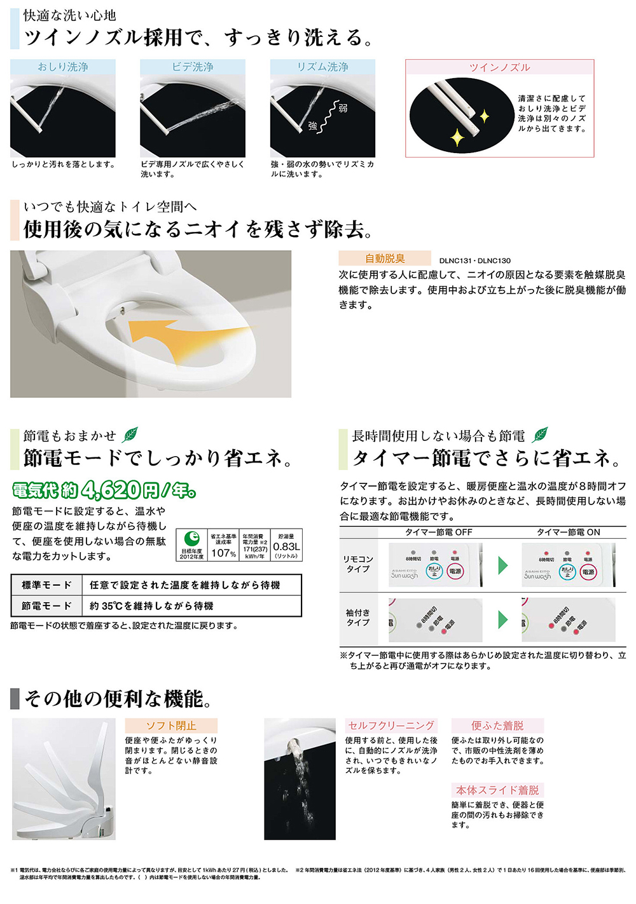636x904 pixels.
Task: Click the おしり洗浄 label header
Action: click(x=63, y=67)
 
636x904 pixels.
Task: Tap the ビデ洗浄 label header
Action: click(x=193, y=67)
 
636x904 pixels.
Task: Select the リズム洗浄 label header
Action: click(x=322, y=67)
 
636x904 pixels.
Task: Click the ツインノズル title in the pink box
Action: click(x=499, y=67)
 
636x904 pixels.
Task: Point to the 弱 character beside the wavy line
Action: click(x=343, y=109)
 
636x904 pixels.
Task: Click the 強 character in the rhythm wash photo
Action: click(x=312, y=126)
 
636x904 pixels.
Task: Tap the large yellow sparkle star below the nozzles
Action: click(x=457, y=137)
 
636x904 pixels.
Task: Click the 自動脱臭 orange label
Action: click(x=385, y=259)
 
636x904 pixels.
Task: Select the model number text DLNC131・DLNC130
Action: click(x=474, y=260)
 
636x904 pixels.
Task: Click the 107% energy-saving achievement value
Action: click(x=223, y=553)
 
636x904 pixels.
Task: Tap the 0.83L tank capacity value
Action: click(x=286, y=546)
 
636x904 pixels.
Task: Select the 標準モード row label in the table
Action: click(x=46, y=585)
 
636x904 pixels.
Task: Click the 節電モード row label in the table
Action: click(x=46, y=606)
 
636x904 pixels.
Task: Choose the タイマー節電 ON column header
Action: click(x=568, y=532)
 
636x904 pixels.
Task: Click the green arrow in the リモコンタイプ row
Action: click(x=502, y=565)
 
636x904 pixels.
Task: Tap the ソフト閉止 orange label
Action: click(x=171, y=725)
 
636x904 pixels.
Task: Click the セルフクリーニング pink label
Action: click(x=391, y=725)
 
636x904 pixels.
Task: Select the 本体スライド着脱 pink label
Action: click(x=497, y=790)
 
